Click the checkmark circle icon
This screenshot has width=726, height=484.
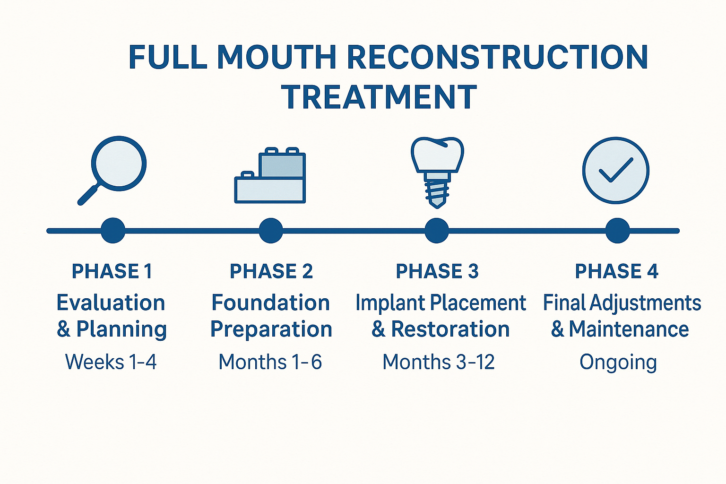click(x=615, y=171)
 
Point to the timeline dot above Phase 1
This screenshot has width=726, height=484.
click(x=113, y=231)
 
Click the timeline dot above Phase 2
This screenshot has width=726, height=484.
click(x=271, y=231)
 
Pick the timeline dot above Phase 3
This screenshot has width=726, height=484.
click(x=436, y=231)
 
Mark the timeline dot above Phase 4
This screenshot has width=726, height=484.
click(x=617, y=231)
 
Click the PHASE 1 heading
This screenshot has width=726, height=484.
click(x=112, y=271)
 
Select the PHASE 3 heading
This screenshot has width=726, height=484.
click(x=437, y=271)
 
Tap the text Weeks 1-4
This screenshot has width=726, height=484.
click(x=111, y=362)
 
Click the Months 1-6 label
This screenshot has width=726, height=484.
click(x=270, y=362)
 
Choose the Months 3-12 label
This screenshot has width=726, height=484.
click(x=438, y=362)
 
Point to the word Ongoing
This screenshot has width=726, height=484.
click(x=618, y=363)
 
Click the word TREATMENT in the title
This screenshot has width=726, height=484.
click(x=379, y=97)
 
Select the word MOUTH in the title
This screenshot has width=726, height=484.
click(x=276, y=57)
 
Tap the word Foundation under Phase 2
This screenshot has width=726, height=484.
click(x=270, y=302)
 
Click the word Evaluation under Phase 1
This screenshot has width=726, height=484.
click(x=111, y=302)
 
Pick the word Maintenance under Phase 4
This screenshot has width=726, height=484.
click(x=629, y=329)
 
